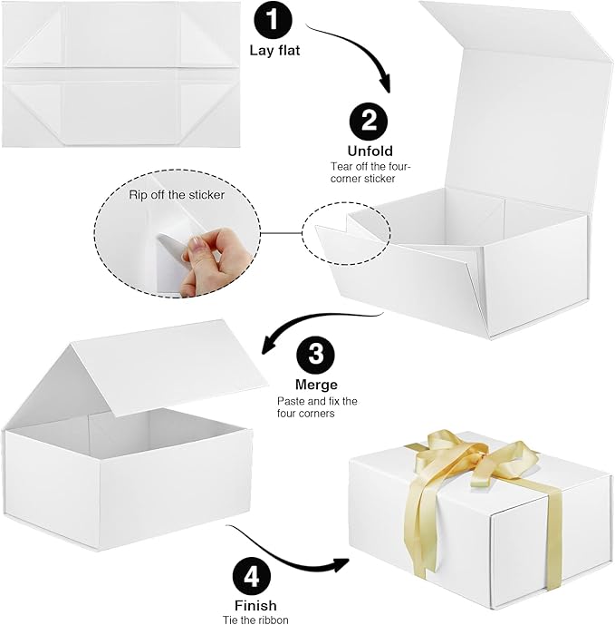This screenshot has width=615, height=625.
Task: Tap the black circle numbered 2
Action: pyautogui.click(x=369, y=122)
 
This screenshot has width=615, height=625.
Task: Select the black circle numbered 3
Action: pyautogui.click(x=315, y=355)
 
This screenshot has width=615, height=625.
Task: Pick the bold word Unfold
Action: pyautogui.click(x=369, y=151)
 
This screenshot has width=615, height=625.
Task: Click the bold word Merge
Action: pyautogui.click(x=314, y=384)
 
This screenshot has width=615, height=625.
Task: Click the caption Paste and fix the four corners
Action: pyautogui.click(x=317, y=406)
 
